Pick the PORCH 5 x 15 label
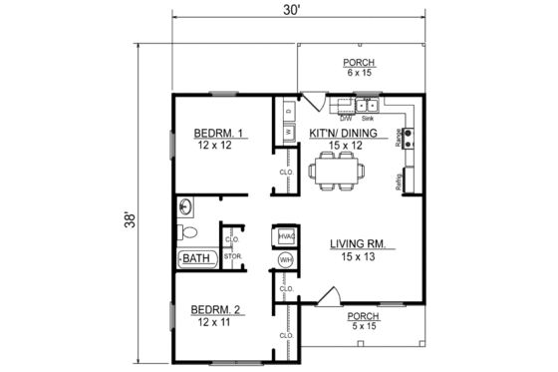(x=365, y=321)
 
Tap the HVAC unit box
(x=284, y=236)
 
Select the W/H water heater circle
(x=284, y=259)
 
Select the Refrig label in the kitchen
(x=399, y=183)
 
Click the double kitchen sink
(x=366, y=104)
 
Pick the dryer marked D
(x=288, y=110)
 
